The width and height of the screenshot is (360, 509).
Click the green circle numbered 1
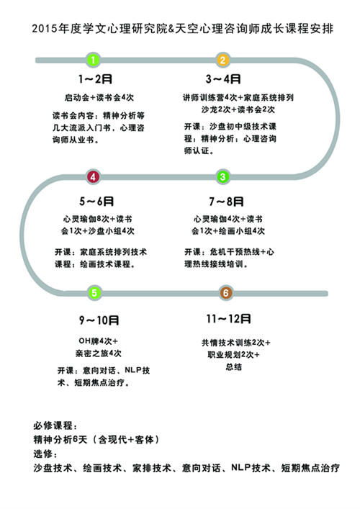pyautogui.click(x=93, y=60)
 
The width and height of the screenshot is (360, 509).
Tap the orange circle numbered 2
pyautogui.click(x=223, y=60)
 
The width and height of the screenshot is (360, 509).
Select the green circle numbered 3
pyautogui.click(x=223, y=177)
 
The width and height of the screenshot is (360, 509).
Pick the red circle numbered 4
pyautogui.click(x=93, y=177)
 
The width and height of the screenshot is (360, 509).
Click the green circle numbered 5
pyautogui.click(x=94, y=293)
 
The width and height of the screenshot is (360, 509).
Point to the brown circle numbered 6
pyautogui.click(x=226, y=293)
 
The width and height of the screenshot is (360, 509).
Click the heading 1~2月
pyautogui.click(x=95, y=79)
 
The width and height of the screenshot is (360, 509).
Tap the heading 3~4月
pyautogui.click(x=223, y=79)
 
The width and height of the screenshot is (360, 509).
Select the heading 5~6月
pyautogui.click(x=96, y=202)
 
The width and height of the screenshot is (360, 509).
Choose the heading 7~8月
pyautogui.click(x=226, y=202)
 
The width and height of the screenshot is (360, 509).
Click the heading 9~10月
pyautogui.click(x=99, y=320)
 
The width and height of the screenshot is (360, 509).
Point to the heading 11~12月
pyautogui.click(x=228, y=319)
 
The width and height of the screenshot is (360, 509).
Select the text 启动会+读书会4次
pyautogui.click(x=99, y=97)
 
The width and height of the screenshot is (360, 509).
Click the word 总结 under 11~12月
pyautogui.click(x=234, y=367)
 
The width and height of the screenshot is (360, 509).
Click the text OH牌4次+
pyautogui.click(x=99, y=341)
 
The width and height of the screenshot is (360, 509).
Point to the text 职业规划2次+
pyautogui.click(x=234, y=354)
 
